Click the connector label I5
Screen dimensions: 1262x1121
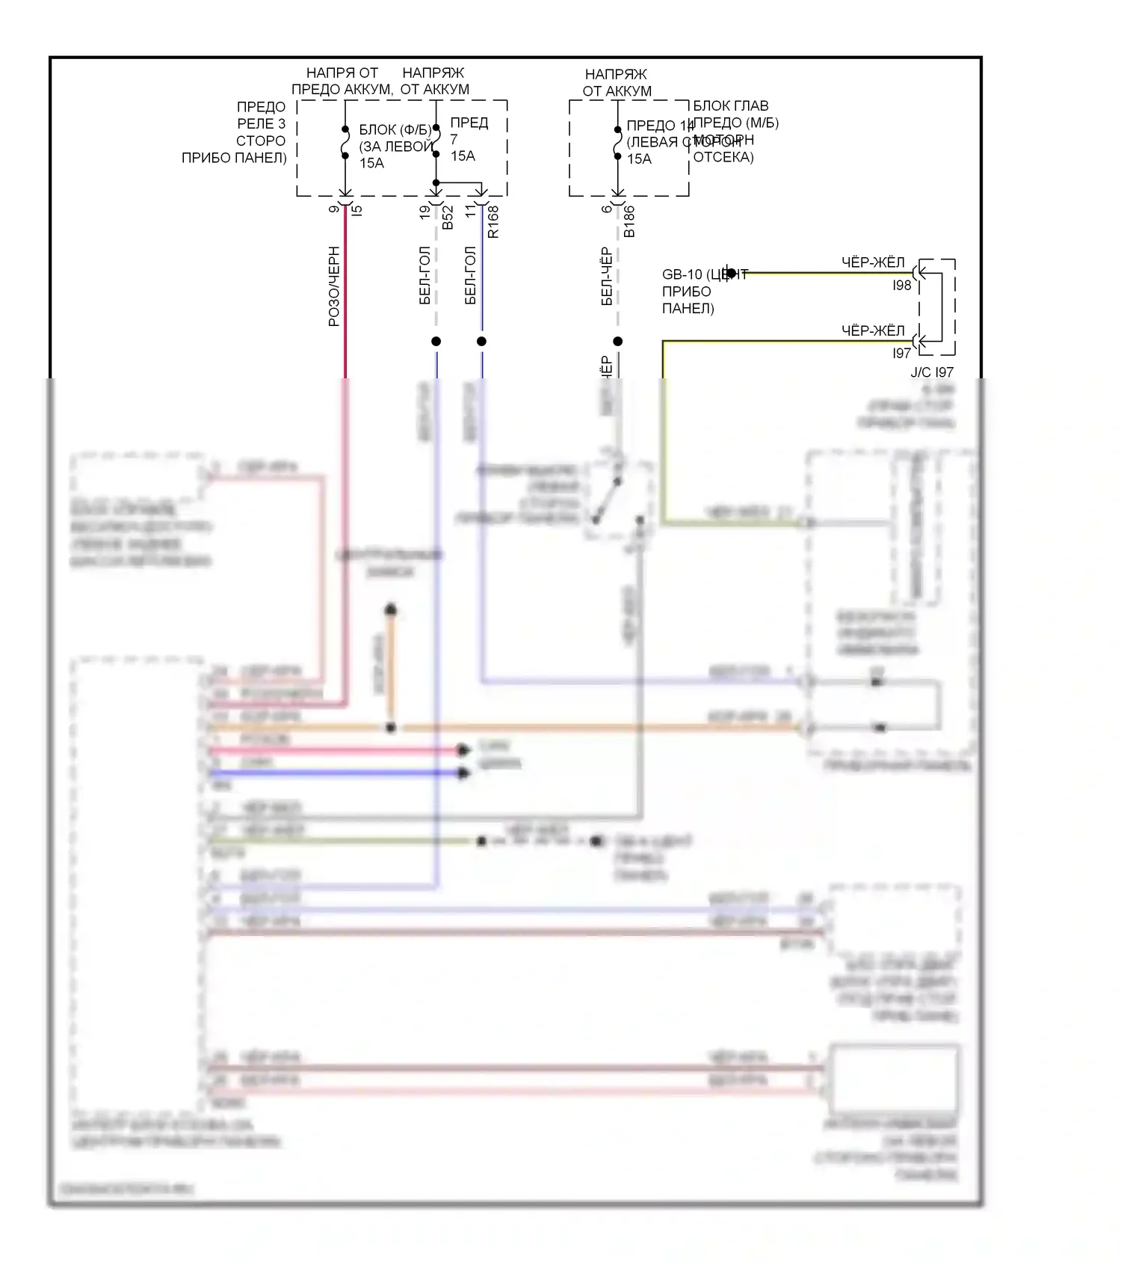(x=357, y=211)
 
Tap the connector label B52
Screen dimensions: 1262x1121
(x=448, y=218)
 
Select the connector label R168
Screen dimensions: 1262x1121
(x=493, y=222)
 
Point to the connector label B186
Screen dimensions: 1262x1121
(x=629, y=222)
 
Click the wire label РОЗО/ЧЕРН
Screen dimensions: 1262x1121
(x=334, y=286)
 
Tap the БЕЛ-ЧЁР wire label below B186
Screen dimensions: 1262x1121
(x=607, y=277)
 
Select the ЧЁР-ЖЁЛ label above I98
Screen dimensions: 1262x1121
(x=873, y=262)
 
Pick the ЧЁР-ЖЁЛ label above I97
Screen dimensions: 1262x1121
(x=873, y=330)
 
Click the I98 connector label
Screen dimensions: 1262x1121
(x=902, y=286)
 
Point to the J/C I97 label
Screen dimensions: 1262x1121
(x=932, y=372)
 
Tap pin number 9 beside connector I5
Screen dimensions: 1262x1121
(x=334, y=209)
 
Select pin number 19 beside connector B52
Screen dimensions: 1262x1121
(x=425, y=212)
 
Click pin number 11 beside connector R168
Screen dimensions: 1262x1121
(x=471, y=212)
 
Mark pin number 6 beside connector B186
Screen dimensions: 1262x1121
(x=607, y=209)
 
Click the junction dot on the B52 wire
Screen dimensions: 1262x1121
(x=436, y=342)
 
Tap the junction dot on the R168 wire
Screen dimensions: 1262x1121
(x=482, y=342)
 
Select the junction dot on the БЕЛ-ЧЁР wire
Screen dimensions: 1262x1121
(x=618, y=342)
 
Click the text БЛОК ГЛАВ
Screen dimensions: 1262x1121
(x=731, y=106)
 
